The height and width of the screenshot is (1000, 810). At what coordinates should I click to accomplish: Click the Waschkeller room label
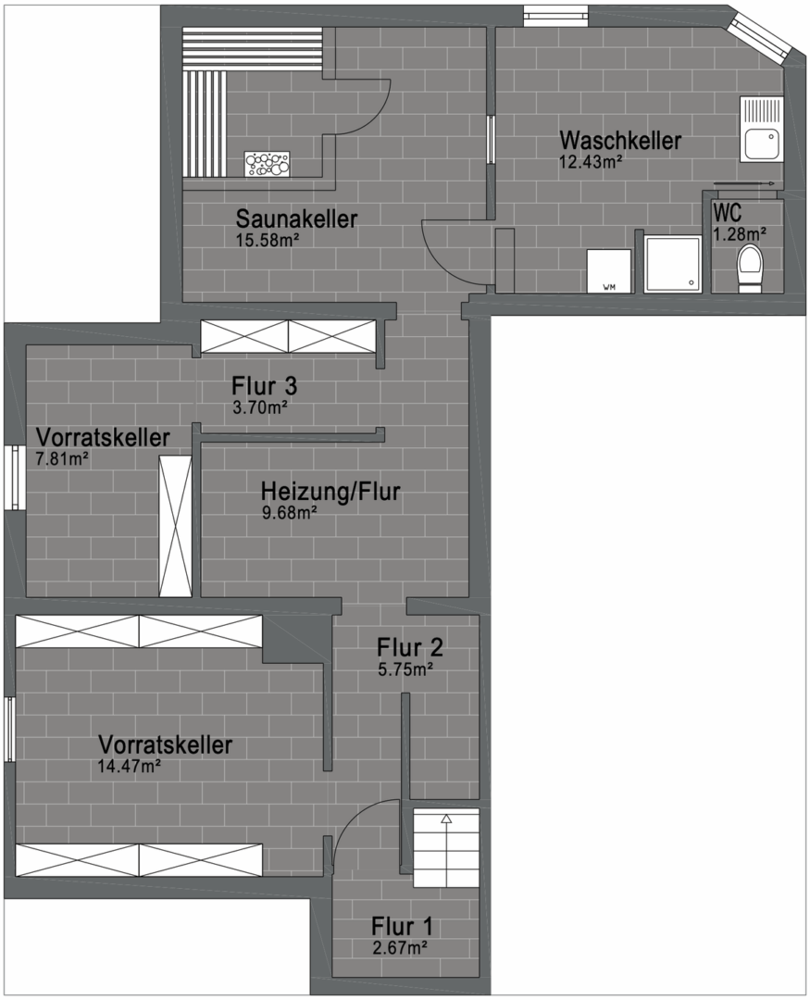click(x=620, y=142)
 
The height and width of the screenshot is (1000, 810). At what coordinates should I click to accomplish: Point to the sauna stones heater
click(x=267, y=164)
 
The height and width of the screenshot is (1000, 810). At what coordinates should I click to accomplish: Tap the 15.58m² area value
click(x=268, y=240)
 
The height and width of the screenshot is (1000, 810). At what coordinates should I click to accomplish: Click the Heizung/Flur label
click(x=330, y=492)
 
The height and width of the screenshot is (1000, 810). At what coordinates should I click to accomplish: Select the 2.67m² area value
click(x=398, y=946)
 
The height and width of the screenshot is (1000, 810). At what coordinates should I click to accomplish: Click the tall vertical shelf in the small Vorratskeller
click(x=175, y=526)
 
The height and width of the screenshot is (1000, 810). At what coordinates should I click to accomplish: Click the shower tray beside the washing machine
click(x=673, y=265)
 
